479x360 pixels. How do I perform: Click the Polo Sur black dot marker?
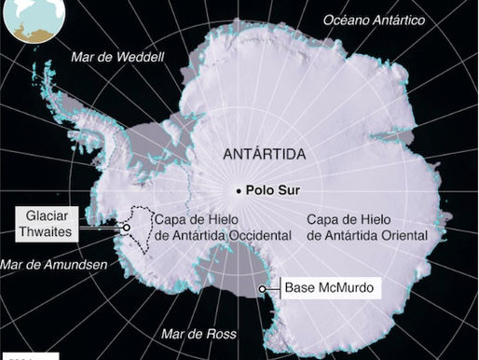(239, 191)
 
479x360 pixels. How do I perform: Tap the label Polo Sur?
(272, 191)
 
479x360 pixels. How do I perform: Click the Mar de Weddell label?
(117, 57)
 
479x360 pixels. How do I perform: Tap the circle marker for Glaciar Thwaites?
(126, 227)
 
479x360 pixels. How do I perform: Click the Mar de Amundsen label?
(54, 264)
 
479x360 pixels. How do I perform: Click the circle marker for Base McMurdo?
(262, 289)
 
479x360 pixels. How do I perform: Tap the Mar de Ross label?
(198, 333)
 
